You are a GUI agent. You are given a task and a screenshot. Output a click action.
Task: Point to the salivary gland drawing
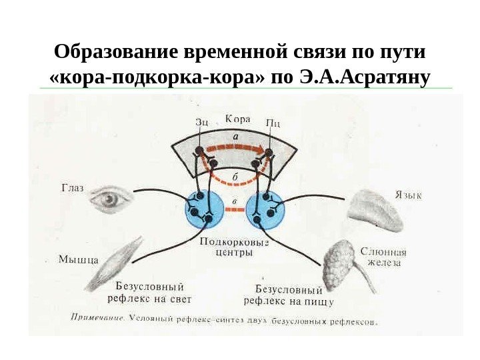[343, 263]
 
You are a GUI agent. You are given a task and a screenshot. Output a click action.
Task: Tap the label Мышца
[77, 259]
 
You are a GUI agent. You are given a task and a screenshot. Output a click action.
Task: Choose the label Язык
[409, 196]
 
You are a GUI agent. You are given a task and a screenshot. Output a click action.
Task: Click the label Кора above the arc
[237, 119]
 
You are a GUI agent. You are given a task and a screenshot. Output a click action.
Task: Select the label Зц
[203, 121]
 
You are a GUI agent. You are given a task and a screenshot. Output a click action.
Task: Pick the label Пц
[272, 121]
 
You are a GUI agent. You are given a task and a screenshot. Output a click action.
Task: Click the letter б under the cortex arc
[235, 177]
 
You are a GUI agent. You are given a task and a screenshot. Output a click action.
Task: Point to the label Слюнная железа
[383, 257]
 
